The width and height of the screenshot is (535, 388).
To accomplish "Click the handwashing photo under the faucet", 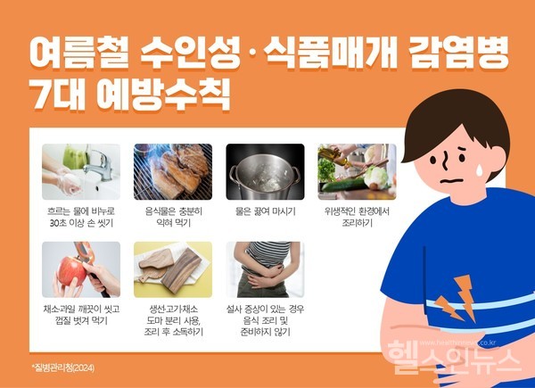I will (81, 171).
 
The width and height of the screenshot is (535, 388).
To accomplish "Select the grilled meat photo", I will (173, 171).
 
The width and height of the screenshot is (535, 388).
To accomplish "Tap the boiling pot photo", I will (265, 171).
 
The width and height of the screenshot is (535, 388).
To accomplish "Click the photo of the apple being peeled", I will (81, 269).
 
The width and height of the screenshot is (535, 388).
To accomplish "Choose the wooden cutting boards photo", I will (173, 269).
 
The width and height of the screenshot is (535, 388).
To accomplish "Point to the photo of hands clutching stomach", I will (265, 269).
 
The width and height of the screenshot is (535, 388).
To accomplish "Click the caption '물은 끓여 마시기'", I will (265, 211).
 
